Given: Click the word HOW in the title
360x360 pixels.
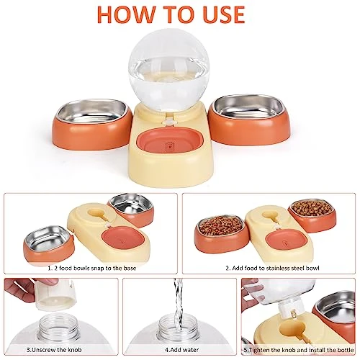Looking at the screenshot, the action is tap(126, 14).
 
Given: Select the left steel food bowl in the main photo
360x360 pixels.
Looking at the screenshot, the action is tap(92, 125).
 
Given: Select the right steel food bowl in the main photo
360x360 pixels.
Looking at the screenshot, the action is tap(249, 120).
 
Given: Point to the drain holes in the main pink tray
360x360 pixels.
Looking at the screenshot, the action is tap(170, 145).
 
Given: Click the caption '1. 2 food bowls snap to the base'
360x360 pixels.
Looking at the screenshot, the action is tap(92, 268).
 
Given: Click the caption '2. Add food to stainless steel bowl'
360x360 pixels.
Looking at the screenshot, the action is tap(272, 268).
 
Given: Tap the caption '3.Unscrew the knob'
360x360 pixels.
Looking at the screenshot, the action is tap(54, 350).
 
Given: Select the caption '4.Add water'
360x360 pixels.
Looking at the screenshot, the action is tap(182, 350).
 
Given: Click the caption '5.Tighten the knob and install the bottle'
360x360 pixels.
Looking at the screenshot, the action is tap(299, 350).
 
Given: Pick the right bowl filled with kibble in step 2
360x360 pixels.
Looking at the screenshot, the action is tap(312, 215).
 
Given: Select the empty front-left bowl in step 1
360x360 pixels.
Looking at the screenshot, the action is tap(49, 243).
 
